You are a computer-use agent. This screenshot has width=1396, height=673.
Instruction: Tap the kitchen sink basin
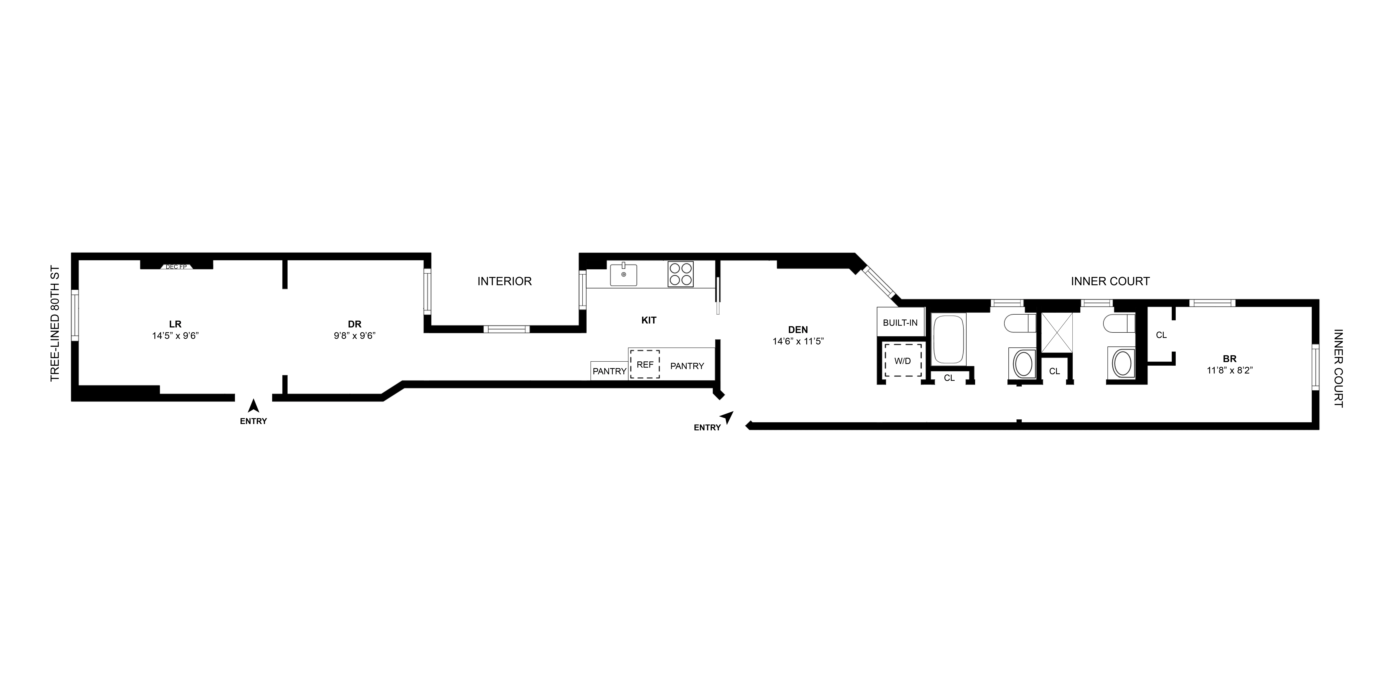tap(624, 274)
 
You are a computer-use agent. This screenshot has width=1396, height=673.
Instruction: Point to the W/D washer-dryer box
tap(902, 361)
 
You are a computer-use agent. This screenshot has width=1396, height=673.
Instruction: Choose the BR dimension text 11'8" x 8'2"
tap(1230, 370)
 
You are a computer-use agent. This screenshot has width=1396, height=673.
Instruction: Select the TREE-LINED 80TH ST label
tap(55, 324)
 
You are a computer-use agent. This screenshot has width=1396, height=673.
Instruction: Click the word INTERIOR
tap(504, 281)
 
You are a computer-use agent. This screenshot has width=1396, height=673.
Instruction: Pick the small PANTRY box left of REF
tap(609, 371)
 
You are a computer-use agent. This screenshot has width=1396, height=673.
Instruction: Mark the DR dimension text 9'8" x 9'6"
tap(354, 336)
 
